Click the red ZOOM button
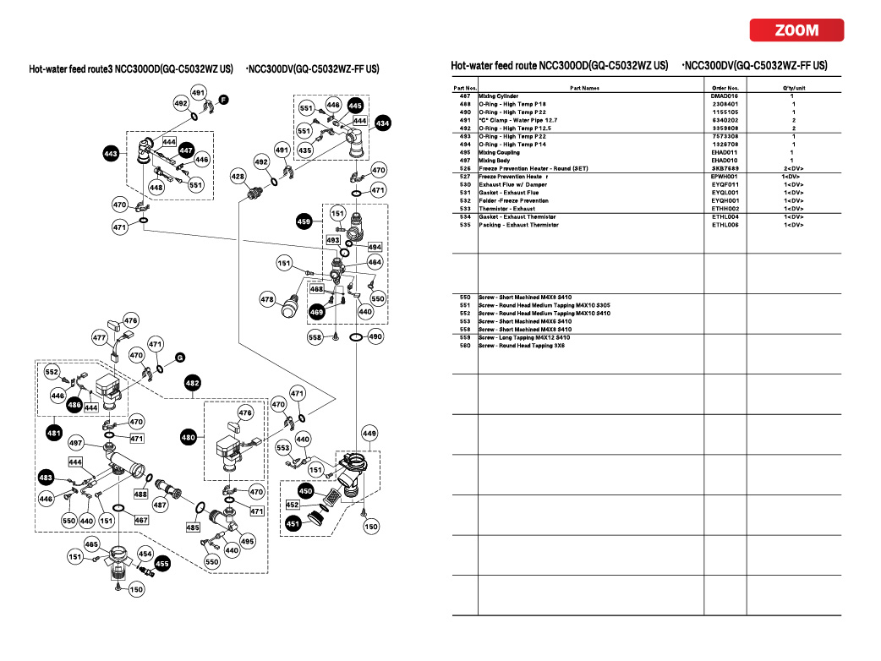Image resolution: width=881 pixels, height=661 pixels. click(796, 30)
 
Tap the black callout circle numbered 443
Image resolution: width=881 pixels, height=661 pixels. click(111, 155)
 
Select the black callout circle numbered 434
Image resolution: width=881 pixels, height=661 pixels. click(383, 123)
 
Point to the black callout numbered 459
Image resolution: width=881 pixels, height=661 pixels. click(305, 221)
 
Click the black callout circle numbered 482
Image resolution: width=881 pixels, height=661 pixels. click(193, 383)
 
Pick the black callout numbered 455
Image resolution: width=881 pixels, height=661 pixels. click(162, 562)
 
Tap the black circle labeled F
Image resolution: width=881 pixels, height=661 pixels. click(223, 100)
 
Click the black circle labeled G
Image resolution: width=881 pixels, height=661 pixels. click(180, 358)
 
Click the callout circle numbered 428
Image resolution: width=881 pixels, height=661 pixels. click(238, 177)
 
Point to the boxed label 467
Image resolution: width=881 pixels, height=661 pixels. click(141, 520)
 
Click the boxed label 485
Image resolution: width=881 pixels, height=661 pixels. click(193, 527)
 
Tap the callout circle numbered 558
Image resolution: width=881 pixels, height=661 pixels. click(315, 336)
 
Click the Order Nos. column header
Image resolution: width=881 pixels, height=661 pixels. click(725, 88)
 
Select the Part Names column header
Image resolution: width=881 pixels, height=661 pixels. click(584, 88)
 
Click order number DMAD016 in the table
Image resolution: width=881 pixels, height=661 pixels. click(725, 96)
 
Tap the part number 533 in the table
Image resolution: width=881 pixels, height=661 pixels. click(465, 209)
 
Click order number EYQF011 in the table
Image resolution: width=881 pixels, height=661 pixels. click(725, 184)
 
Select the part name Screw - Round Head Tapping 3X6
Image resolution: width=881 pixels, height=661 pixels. click(522, 346)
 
